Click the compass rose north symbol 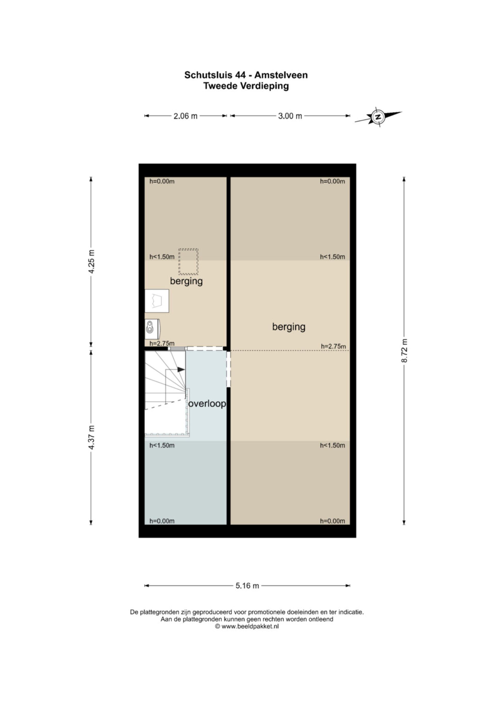[378, 117]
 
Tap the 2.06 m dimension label [185, 116]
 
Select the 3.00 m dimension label [290, 116]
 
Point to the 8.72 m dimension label [404, 351]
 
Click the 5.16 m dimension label [247, 586]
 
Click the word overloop [207, 404]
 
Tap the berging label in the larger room [289, 327]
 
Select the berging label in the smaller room [186, 281]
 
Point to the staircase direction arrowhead [181, 369]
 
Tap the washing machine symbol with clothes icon [157, 301]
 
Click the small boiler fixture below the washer [152, 329]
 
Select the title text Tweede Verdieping [246, 86]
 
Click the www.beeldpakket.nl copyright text [247, 626]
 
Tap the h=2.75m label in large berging [333, 346]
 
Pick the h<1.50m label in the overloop [162, 445]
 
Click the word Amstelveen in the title [281, 75]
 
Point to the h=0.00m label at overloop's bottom [162, 521]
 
